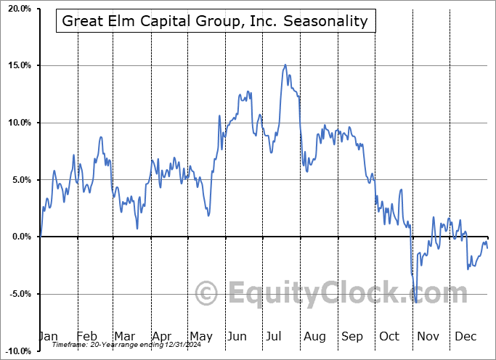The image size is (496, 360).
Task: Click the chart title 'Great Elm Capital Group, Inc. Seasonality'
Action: (215, 21)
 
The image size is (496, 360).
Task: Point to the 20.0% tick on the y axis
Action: (19, 9)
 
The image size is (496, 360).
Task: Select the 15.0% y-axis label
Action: (19, 66)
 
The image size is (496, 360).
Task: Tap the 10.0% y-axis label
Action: (19, 123)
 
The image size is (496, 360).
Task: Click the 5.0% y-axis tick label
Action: (21, 180)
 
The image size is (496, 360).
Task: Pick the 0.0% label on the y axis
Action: (21, 237)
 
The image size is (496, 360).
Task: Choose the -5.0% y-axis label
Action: (20, 294)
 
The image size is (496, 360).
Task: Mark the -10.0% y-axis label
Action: (18, 351)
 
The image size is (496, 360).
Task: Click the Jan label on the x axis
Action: (48, 337)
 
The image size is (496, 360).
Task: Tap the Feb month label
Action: (86, 337)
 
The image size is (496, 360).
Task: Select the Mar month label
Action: (124, 337)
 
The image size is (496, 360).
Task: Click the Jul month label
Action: (274, 337)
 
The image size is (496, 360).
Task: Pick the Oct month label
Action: (389, 337)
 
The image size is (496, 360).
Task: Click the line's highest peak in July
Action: (285, 65)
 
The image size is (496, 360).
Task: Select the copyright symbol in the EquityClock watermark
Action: (207, 294)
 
